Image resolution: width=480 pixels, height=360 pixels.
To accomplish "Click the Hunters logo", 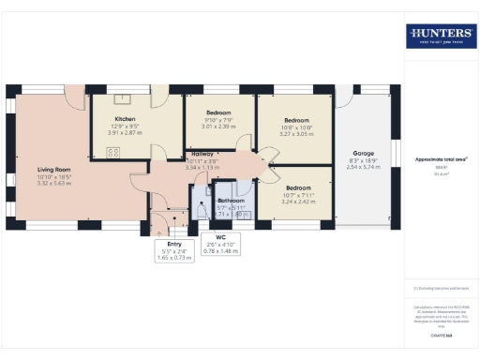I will click(440, 37).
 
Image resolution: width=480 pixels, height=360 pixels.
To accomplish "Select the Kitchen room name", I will click(126, 119).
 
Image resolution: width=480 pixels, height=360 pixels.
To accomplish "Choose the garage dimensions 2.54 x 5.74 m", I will click(364, 166).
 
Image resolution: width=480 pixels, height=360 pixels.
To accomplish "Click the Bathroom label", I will click(232, 201).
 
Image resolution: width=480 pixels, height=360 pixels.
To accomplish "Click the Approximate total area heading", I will click(441, 160).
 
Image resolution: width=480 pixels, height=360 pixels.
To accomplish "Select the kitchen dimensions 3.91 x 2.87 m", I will click(126, 133).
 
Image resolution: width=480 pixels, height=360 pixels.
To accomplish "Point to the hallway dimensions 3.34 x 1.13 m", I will click(202, 167).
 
